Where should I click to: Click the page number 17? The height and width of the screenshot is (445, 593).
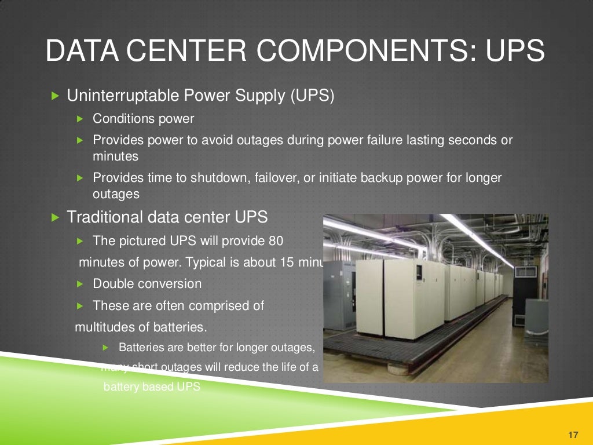point(574,435)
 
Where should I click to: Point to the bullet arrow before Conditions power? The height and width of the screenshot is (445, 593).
point(80,119)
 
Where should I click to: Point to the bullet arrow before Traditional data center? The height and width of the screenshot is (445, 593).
point(55,218)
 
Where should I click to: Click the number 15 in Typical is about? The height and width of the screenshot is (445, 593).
point(286,262)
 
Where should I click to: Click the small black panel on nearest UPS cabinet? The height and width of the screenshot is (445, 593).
point(419,273)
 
